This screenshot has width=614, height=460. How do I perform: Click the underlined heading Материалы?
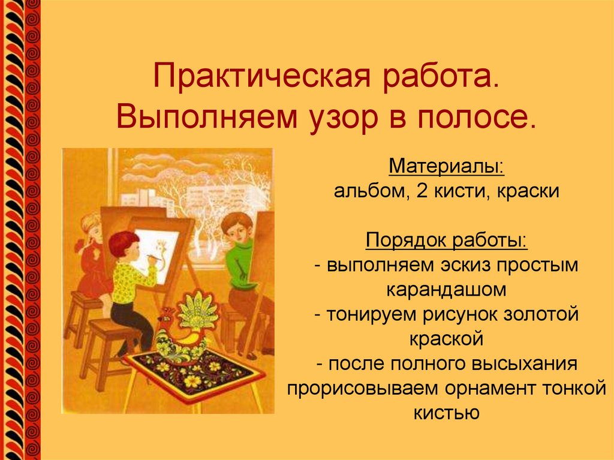click(447, 165)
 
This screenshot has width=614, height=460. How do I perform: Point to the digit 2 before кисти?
click(416, 191)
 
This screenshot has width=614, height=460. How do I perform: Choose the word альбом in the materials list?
click(367, 191)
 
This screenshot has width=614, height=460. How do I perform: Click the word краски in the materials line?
click(528, 191)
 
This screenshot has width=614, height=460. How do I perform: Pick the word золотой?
click(537, 314)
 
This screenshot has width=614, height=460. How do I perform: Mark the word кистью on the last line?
click(447, 413)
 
